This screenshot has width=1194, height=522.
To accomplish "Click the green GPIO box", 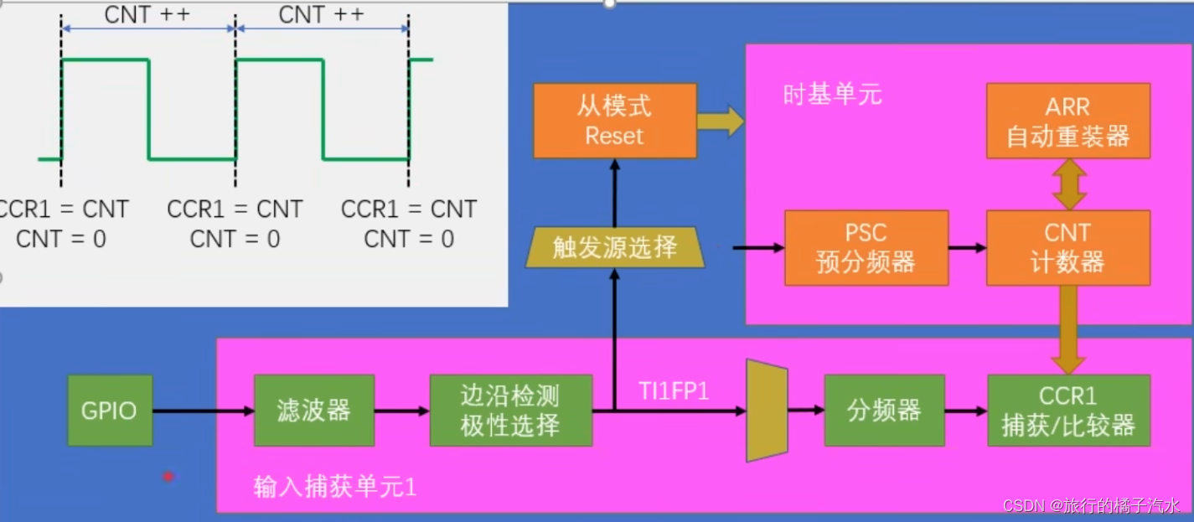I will click(x=110, y=411).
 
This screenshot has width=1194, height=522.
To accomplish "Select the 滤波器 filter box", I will click(x=313, y=411).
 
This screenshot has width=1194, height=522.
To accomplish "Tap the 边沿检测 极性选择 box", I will click(x=510, y=411).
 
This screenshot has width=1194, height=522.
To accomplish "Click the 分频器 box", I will click(x=884, y=411).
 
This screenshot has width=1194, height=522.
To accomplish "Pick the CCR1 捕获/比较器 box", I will click(x=1068, y=411).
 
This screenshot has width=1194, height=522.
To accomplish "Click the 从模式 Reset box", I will click(x=615, y=121).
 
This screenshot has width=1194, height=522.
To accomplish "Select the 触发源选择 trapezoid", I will click(x=615, y=248).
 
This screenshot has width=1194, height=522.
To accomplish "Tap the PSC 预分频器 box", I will click(x=866, y=248).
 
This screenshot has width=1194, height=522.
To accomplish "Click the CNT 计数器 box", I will click(x=1068, y=248).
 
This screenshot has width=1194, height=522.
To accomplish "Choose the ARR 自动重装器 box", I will click(x=1068, y=121).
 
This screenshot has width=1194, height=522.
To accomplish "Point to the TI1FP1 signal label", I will click(x=674, y=390).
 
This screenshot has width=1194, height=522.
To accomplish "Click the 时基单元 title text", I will click(x=832, y=94).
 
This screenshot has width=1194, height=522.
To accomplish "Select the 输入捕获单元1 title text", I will click(x=334, y=487).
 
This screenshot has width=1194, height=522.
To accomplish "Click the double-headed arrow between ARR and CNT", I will click(x=1069, y=184).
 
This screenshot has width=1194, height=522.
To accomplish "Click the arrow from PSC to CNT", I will click(x=967, y=248).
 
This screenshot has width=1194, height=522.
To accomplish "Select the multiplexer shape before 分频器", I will click(x=767, y=411).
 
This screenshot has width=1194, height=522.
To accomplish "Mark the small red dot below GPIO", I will click(x=168, y=476).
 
